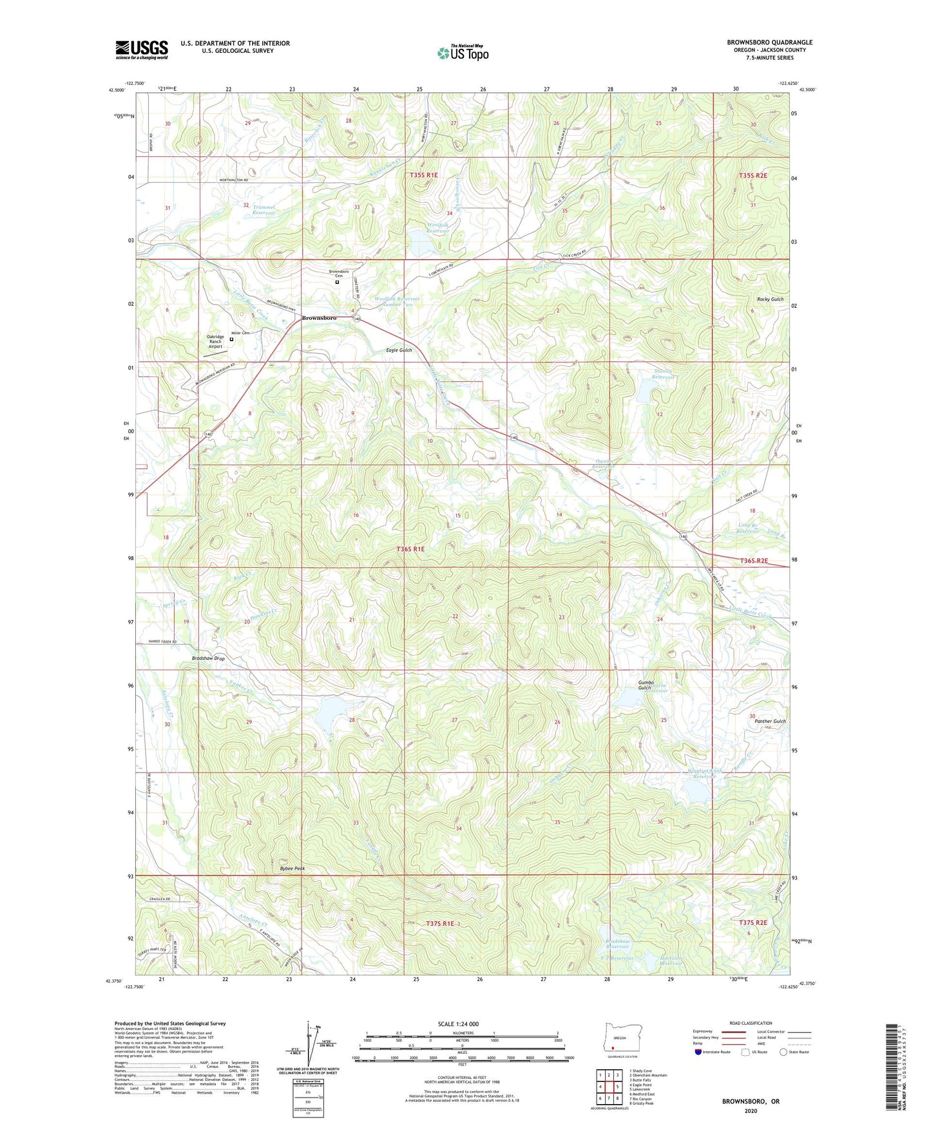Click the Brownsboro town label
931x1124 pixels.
(319, 318)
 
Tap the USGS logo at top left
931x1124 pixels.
(141, 50)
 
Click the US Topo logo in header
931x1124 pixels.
(463, 53)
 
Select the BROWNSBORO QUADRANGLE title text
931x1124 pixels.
(769, 42)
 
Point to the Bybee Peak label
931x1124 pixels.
(292, 868)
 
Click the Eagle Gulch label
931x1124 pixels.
(398, 350)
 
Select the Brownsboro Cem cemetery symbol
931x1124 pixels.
(336, 281)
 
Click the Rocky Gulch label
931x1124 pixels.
(770, 299)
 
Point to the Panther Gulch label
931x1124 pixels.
(770, 722)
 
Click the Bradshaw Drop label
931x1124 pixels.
(208, 659)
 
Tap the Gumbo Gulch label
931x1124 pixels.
(646, 685)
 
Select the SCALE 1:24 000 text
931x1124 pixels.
(458, 1024)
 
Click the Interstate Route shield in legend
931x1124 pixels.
(698, 1052)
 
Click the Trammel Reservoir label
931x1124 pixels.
(264, 210)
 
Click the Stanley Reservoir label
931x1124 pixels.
(662, 374)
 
